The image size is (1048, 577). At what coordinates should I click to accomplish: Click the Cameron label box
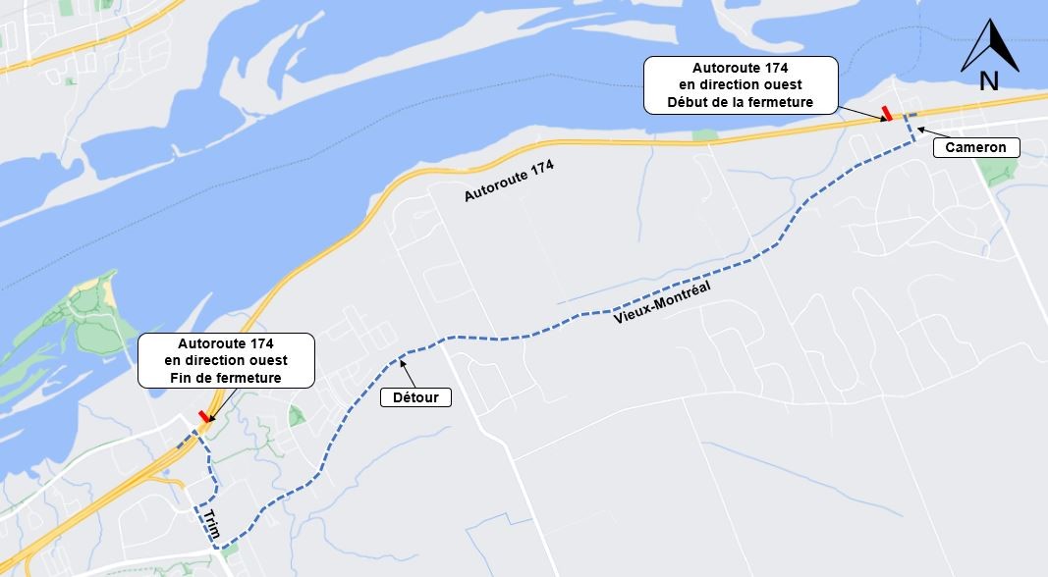click(x=976, y=147)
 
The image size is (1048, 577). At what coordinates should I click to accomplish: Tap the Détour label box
click(x=415, y=397)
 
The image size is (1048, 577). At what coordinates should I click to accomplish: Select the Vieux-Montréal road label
click(x=661, y=302)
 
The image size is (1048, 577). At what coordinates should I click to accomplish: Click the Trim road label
click(x=209, y=524)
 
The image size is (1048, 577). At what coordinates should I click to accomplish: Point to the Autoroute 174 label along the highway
click(x=509, y=183)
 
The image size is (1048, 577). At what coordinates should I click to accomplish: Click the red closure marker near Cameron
click(x=887, y=113)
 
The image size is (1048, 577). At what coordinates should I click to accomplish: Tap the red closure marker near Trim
click(x=204, y=417)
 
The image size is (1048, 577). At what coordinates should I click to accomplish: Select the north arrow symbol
click(x=989, y=46)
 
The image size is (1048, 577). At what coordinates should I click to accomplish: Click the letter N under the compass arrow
click(x=989, y=82)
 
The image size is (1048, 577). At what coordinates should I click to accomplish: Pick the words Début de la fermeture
click(x=740, y=102)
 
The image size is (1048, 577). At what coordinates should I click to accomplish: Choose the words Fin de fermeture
click(x=226, y=378)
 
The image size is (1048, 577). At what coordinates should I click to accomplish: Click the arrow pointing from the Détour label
click(x=406, y=369)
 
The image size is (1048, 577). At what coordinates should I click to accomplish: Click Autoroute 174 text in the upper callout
click(x=740, y=68)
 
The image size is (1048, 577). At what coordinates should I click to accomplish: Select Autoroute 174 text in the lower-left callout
click(x=226, y=343)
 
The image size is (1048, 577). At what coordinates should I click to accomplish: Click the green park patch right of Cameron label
click(x=999, y=173)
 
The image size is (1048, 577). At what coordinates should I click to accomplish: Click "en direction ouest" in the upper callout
click(x=740, y=84)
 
